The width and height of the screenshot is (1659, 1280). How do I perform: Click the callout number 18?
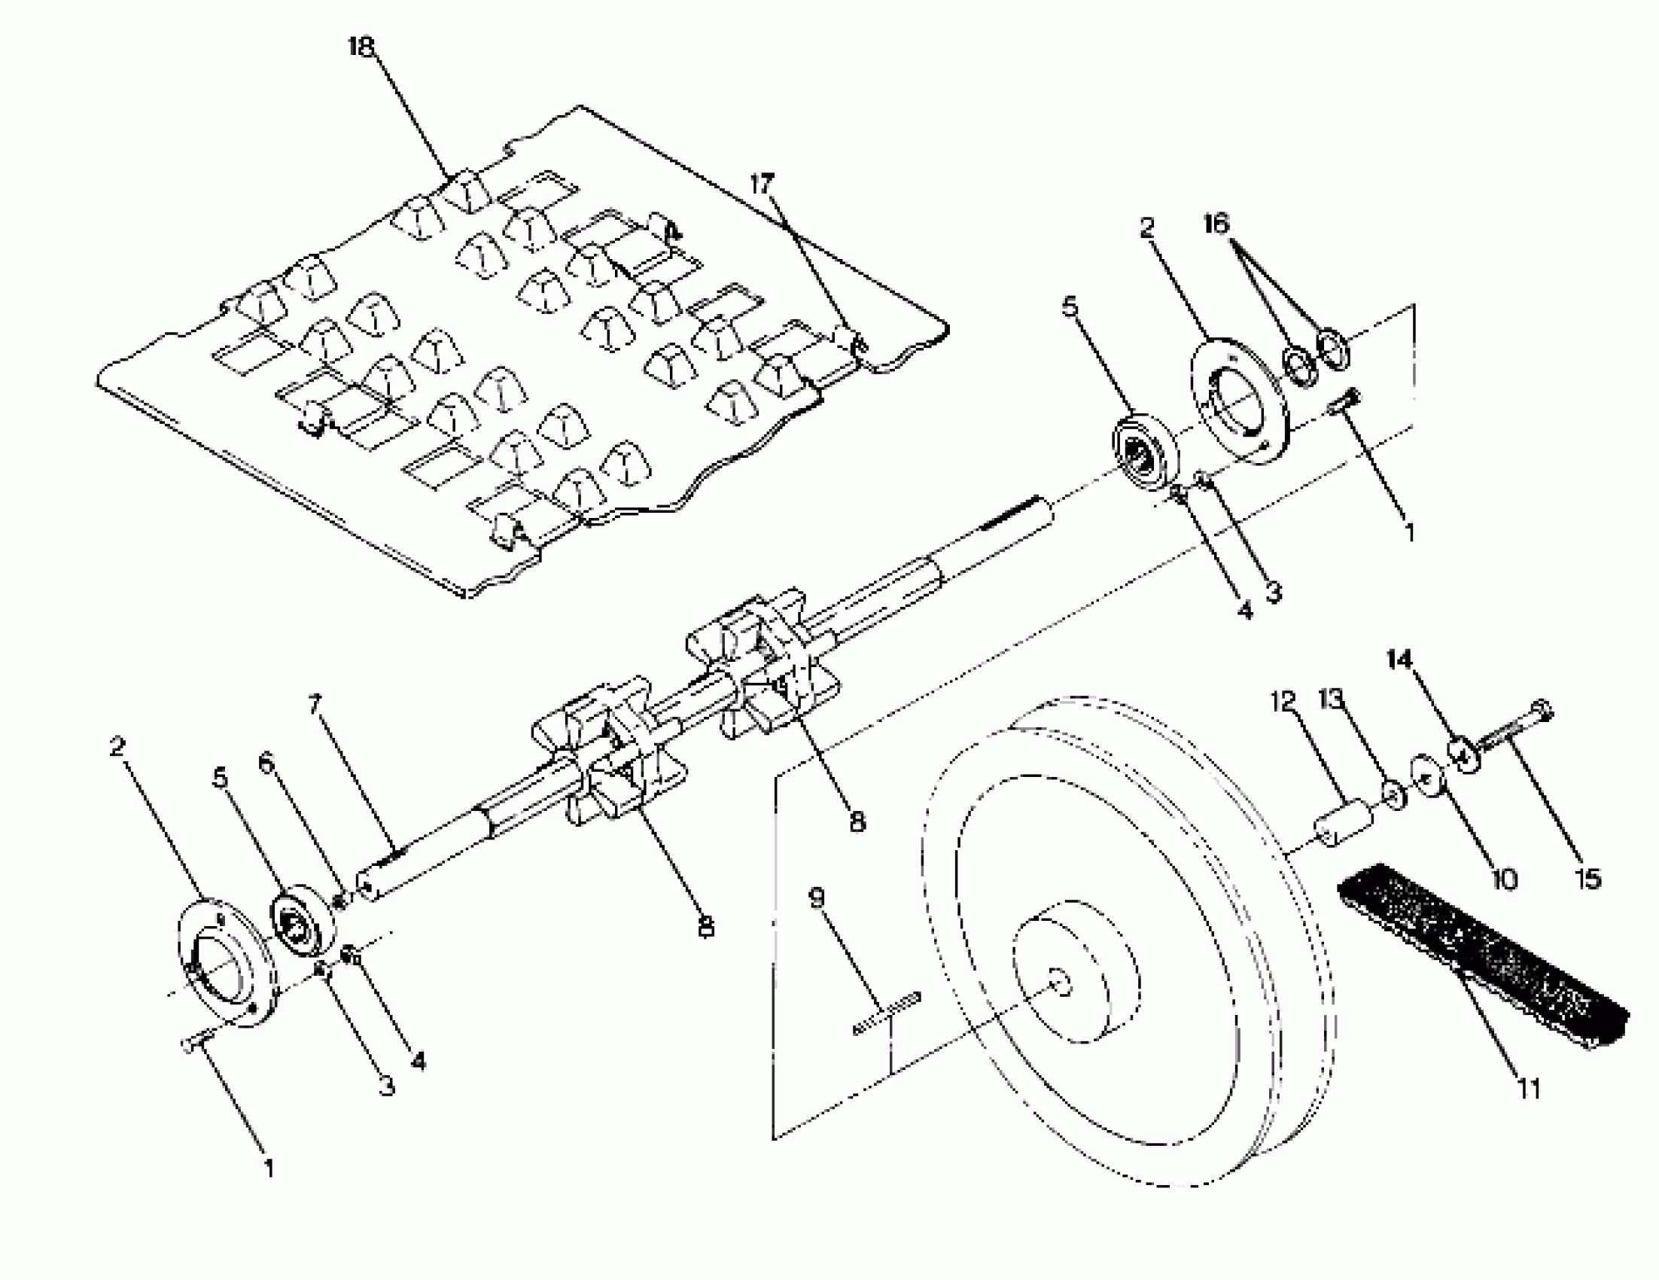[361, 47]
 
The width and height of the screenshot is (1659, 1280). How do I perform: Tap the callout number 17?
[762, 184]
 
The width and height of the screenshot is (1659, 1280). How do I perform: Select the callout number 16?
[1216, 224]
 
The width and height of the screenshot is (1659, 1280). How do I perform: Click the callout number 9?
[817, 899]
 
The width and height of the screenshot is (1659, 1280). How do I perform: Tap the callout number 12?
[1283, 700]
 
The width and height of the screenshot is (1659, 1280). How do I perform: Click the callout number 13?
[1332, 698]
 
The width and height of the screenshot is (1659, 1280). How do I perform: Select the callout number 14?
[1399, 660]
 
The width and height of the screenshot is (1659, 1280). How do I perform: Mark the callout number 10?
[1505, 879]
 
